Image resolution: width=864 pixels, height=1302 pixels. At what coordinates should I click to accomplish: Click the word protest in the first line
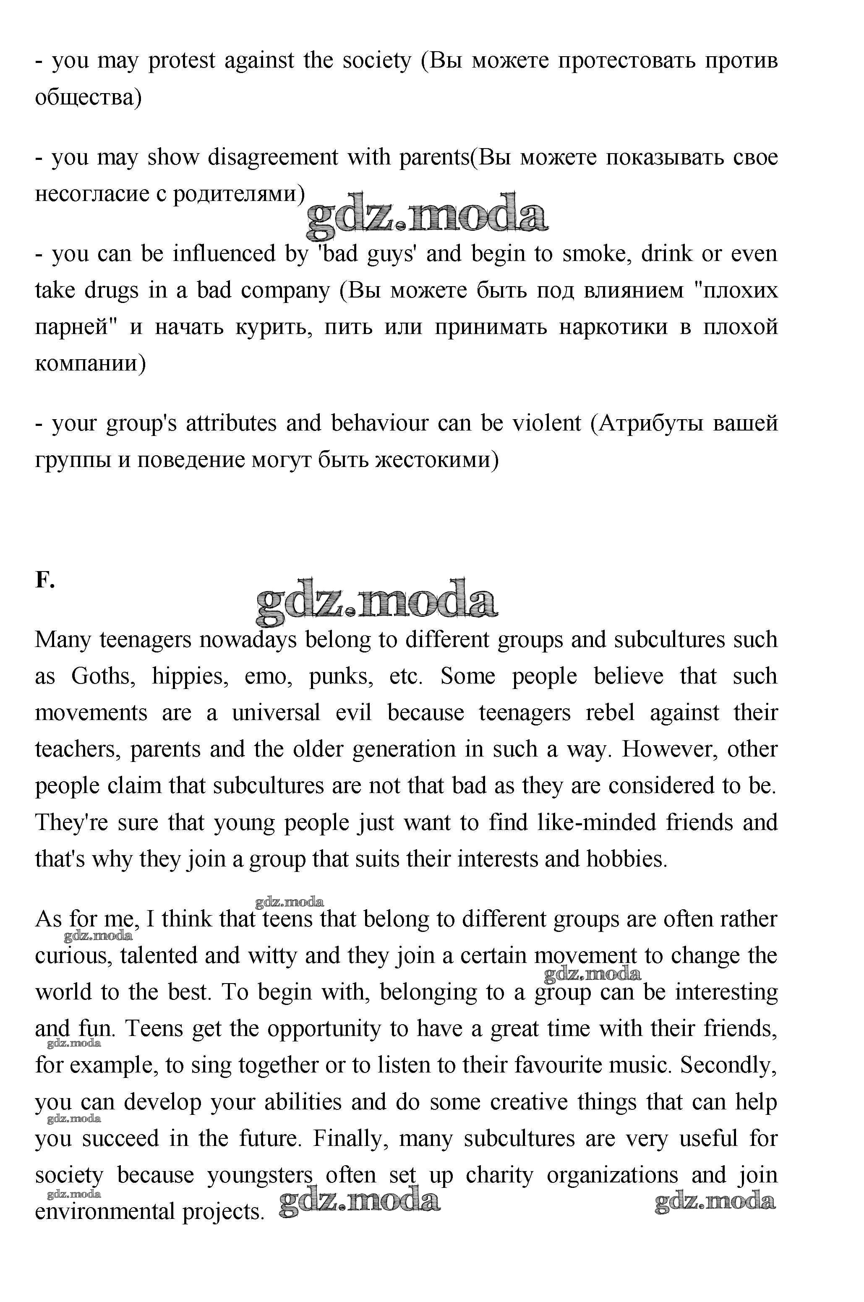pos(181,60)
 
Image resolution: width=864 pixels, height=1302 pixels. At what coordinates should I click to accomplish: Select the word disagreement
pos(273,158)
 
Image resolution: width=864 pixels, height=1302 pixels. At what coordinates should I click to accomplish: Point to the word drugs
pos(111,290)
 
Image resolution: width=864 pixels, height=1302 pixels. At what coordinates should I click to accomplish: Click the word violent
pos(547,423)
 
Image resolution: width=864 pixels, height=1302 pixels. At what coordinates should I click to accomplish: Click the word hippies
pos(190,676)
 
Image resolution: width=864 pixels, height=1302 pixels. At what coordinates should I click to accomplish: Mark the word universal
pos(276,713)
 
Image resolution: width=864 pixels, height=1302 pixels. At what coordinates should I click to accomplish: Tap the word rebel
pos(610,713)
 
